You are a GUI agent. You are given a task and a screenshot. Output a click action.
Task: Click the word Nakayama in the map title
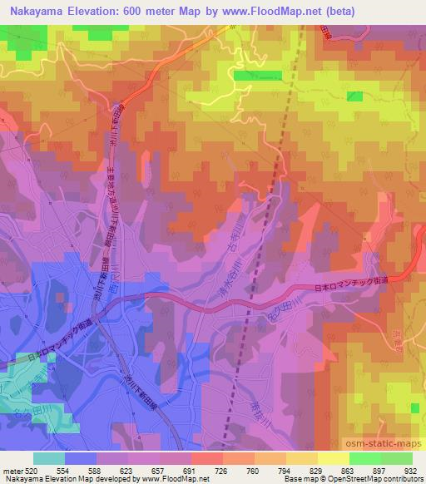click(x=37, y=10)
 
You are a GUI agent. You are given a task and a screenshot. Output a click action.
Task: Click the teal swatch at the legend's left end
click(x=48, y=458)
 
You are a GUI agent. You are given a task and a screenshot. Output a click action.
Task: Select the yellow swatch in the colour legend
click(x=333, y=458)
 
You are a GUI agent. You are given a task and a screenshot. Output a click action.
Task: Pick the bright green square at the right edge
click(x=415, y=407)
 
